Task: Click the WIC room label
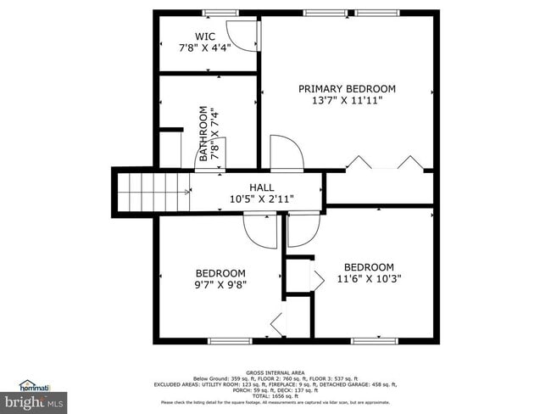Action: click(204, 36)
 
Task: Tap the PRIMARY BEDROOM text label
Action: click(347, 88)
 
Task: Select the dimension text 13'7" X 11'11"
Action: click(347, 100)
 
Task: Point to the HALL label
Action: click(261, 187)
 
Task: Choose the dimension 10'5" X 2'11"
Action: click(261, 199)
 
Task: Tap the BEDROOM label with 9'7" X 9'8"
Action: click(220, 273)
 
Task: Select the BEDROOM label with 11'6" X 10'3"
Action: click(369, 266)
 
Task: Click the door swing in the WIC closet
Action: click(245, 34)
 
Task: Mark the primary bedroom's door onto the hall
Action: click(287, 154)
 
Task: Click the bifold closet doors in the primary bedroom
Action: click(384, 163)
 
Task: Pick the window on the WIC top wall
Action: click(219, 13)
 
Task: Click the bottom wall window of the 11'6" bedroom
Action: click(375, 341)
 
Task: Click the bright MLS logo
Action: click(32, 399)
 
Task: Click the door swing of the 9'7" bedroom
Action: click(258, 229)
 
